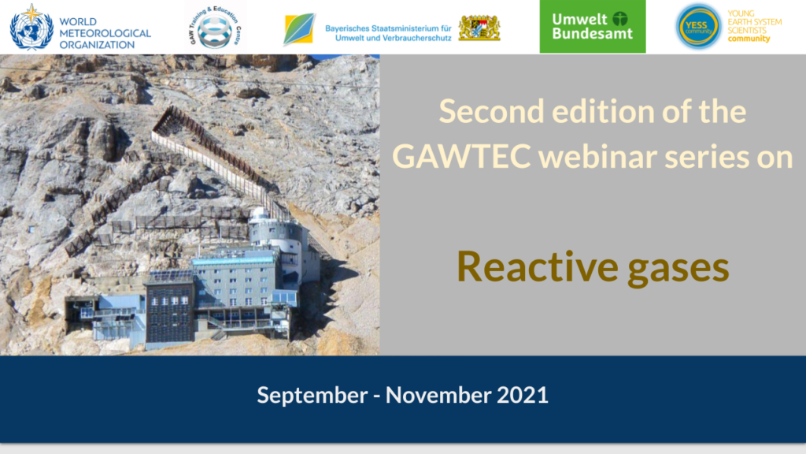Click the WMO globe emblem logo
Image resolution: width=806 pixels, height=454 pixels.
point(31,28)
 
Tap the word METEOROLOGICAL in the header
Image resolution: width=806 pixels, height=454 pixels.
point(105,33)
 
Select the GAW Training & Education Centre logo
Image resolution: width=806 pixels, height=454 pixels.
point(215,27)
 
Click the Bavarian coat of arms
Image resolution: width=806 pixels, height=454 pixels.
point(479,28)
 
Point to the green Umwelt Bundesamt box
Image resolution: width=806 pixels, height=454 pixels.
point(592,26)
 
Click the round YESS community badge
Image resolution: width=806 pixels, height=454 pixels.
point(698,27)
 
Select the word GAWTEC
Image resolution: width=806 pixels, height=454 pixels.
point(461,156)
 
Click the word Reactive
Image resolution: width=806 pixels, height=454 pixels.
point(537,266)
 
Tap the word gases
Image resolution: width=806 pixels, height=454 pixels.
point(678,269)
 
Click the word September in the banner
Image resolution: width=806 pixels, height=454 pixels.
point(312,396)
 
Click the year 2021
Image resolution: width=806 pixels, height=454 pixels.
point(523,395)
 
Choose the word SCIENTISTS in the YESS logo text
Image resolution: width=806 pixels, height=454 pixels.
point(747,31)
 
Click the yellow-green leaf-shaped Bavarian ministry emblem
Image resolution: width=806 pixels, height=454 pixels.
point(298,29)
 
